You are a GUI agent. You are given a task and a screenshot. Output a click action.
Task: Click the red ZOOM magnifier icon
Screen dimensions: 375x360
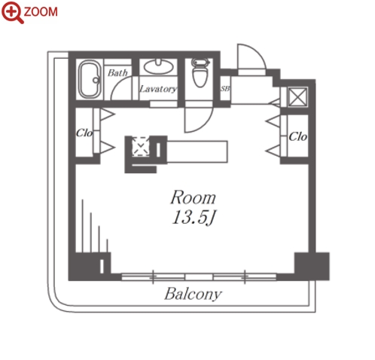click(12, 12)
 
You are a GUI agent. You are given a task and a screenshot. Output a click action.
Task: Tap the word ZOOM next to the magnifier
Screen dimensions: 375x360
click(41, 12)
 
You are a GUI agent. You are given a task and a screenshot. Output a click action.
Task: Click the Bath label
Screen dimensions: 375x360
click(117, 73)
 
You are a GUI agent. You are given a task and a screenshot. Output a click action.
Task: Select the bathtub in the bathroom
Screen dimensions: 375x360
click(90, 79)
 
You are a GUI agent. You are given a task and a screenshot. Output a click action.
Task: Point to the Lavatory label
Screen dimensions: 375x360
click(158, 89)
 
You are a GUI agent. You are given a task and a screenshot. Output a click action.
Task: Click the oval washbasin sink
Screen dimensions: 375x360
click(158, 66)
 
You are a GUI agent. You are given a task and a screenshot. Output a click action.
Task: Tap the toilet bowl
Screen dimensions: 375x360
click(200, 73)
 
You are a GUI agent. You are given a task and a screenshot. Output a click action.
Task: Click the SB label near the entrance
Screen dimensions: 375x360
click(225, 89)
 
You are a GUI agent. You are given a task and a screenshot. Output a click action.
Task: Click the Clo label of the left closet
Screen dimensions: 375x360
click(84, 133)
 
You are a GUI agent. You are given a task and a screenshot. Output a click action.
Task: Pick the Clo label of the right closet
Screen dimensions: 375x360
click(297, 137)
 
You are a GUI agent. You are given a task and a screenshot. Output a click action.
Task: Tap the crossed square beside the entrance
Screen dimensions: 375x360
click(297, 96)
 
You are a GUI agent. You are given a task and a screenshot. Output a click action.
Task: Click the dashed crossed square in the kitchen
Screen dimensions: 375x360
click(141, 146)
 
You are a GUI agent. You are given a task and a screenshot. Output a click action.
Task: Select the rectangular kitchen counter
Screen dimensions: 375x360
click(197, 151)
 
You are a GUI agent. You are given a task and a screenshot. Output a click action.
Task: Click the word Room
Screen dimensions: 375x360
click(193, 197)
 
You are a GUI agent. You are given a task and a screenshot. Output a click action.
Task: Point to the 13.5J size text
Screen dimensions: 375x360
click(194, 217)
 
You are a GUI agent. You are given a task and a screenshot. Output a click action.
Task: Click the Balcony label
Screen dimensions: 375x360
click(193, 294)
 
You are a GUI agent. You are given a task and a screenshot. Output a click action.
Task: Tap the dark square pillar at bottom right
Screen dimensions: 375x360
click(312, 267)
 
